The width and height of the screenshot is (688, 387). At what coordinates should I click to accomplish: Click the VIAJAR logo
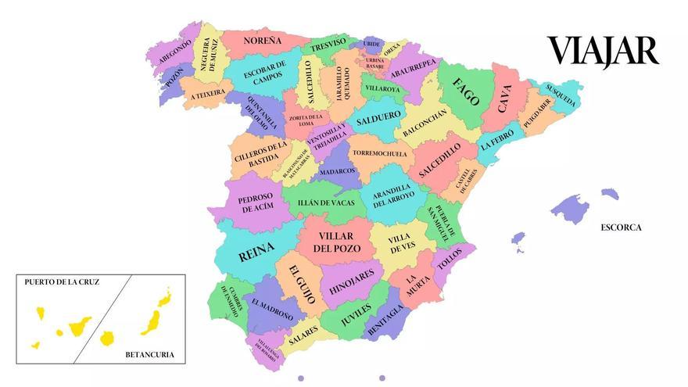[603, 51]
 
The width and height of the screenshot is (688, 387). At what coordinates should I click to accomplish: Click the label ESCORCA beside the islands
[621, 228]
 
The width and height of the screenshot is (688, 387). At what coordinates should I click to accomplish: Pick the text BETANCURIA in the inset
[149, 356]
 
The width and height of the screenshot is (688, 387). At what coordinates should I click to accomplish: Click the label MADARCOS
[337, 170]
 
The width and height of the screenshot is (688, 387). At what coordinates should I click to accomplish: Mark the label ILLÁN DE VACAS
[326, 203]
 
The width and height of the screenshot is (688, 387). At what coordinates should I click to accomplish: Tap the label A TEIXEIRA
[207, 93]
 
